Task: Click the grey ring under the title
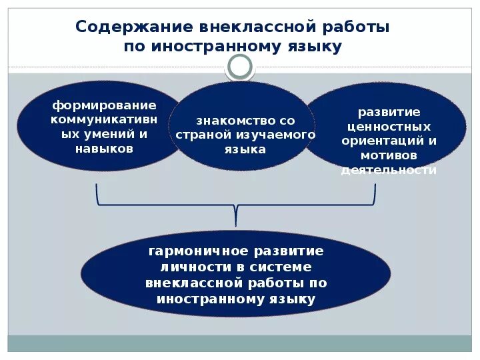240,67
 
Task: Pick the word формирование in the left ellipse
105,105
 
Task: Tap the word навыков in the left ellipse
105,148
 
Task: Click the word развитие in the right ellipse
389,112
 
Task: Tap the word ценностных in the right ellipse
389,127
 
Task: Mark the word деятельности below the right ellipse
389,170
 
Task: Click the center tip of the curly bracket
236,220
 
